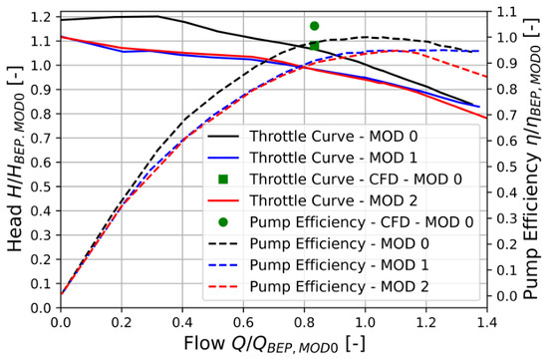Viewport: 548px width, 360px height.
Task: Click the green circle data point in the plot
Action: (314, 26)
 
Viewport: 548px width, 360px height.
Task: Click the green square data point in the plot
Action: (314, 46)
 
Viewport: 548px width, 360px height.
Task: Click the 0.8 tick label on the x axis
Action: (304, 322)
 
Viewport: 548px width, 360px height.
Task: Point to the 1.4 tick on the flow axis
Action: (486, 322)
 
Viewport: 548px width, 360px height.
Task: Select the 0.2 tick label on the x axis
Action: (122, 322)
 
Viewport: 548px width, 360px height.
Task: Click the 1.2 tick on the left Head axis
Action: (41, 17)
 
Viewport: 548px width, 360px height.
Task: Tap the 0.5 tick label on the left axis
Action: (41, 186)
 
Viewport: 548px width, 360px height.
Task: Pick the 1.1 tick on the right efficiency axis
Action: (507, 12)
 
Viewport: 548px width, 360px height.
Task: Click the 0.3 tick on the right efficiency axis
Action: (507, 218)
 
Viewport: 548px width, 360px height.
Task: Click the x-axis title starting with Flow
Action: (275, 344)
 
